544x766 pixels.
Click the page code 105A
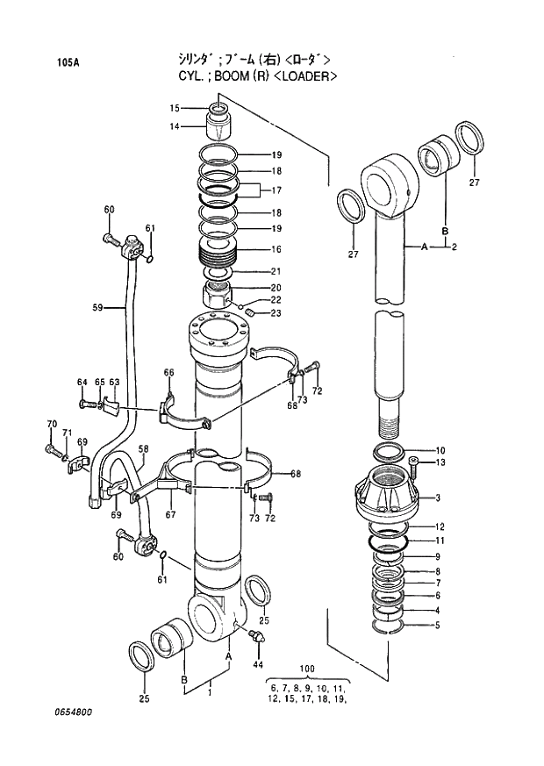(x=67, y=62)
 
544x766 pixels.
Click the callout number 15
(x=175, y=108)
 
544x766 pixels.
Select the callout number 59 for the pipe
(x=97, y=307)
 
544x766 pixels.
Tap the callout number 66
(x=168, y=373)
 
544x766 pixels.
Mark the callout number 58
(x=143, y=449)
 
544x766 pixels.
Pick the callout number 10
(x=440, y=450)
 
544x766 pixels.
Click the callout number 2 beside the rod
(x=454, y=247)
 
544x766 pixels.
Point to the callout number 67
(x=170, y=515)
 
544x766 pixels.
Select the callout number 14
(x=175, y=126)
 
